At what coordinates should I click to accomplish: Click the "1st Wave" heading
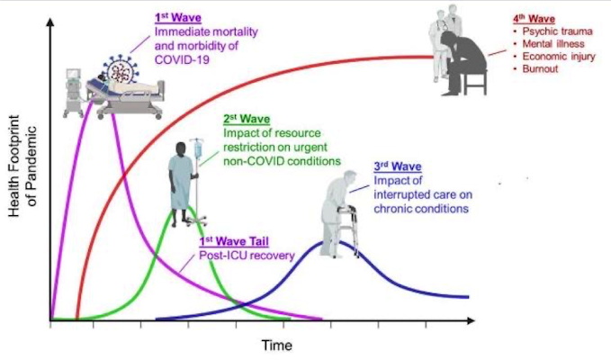coord(178,18)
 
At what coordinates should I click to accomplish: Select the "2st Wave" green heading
coord(247,119)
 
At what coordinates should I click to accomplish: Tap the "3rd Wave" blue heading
coord(398,166)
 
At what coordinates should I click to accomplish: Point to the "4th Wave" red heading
coord(534,19)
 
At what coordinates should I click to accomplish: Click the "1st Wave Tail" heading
coord(234,241)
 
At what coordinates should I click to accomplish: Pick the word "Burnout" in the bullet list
coord(540,69)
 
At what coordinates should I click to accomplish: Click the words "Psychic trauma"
coord(558,31)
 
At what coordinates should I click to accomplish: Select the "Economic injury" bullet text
coord(559,57)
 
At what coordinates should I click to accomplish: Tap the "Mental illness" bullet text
coord(553,44)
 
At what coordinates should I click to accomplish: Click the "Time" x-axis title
coord(276,346)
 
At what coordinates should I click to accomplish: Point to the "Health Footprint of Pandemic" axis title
coord(22,166)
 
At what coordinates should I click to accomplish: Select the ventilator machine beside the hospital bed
coord(74,93)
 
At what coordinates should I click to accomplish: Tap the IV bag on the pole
coord(199,148)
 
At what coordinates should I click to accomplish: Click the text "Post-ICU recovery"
coord(247,256)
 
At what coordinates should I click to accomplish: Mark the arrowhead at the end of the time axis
coord(472,320)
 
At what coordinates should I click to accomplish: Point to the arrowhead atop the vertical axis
coord(49,22)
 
